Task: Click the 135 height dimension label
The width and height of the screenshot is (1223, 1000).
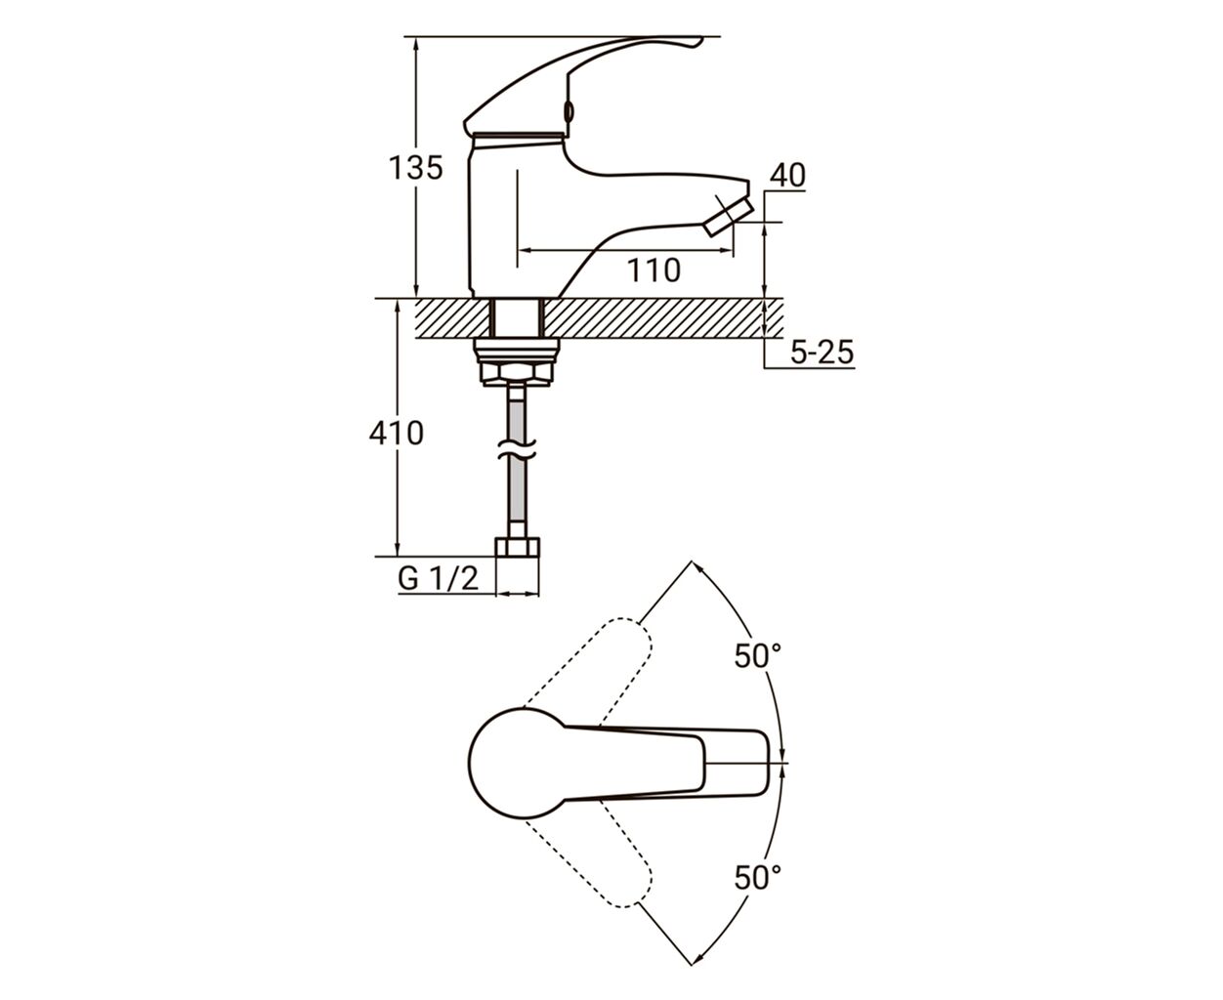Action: pyautogui.click(x=415, y=168)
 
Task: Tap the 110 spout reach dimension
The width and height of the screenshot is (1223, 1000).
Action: pyautogui.click(x=654, y=271)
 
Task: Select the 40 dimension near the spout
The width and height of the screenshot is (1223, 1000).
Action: pyautogui.click(x=787, y=175)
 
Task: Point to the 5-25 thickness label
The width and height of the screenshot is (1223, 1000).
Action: pyautogui.click(x=822, y=352)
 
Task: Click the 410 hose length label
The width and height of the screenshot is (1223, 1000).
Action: pyautogui.click(x=397, y=433)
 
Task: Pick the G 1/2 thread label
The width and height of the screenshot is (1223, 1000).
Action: pyautogui.click(x=438, y=578)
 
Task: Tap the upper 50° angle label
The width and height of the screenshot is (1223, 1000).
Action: pyautogui.click(x=758, y=655)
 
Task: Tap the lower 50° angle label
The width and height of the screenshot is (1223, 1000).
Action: pyautogui.click(x=758, y=877)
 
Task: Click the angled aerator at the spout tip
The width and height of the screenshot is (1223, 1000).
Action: pyautogui.click(x=728, y=216)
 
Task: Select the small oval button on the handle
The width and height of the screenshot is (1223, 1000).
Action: pyautogui.click(x=569, y=111)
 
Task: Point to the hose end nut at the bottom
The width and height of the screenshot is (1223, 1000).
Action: pyautogui.click(x=518, y=548)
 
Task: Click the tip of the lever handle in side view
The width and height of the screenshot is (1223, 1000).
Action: pyautogui.click(x=700, y=39)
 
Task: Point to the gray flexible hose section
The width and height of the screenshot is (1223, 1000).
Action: pyautogui.click(x=517, y=458)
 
